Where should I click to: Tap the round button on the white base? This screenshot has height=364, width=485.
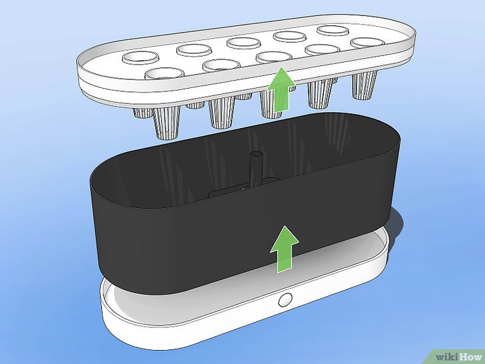pyautogui.click(x=286, y=299)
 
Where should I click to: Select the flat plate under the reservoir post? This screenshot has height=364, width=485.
pyautogui.click(x=230, y=193)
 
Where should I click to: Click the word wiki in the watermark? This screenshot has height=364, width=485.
pyautogui.click(x=444, y=354)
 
